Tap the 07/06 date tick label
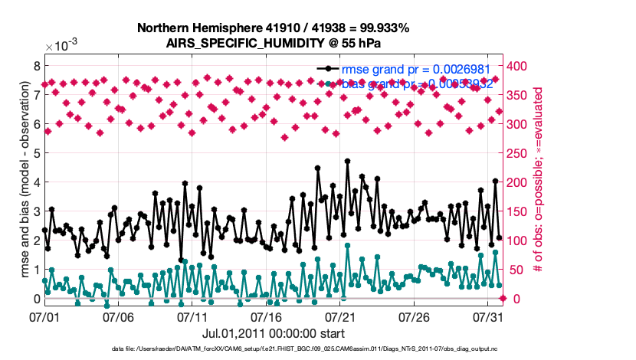pos(119,316)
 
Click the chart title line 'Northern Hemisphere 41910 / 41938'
pos(273,28)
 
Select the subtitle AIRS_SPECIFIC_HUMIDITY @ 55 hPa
pos(273,43)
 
